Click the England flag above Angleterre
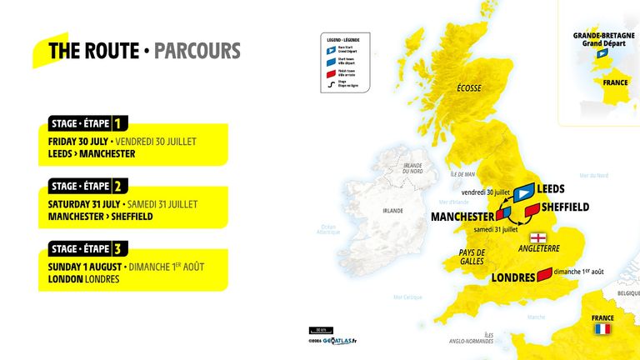(548, 237)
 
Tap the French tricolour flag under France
(602, 330)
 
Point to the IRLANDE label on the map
(392, 212)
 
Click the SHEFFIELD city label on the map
(565, 207)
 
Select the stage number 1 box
(118, 123)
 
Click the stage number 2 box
(118, 186)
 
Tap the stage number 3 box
(118, 247)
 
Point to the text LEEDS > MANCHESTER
(92, 154)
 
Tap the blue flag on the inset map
(601, 53)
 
